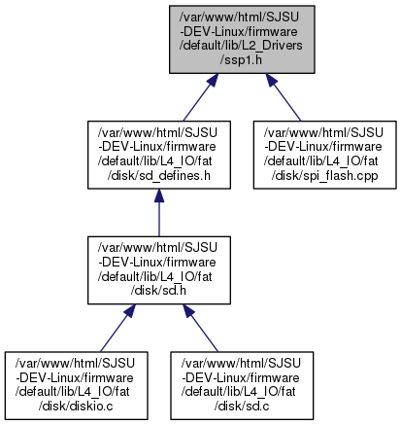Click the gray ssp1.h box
pyautogui.click(x=242, y=39)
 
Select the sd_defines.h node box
pyautogui.click(x=159, y=155)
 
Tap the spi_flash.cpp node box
pyautogui.click(x=324, y=155)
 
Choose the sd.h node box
pyautogui.click(x=159, y=270)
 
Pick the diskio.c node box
pyautogui.click(x=76, y=385)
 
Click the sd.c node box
pyautogui.click(x=242, y=385)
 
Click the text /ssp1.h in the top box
pyautogui.click(x=241, y=60)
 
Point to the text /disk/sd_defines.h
pyautogui.click(x=158, y=176)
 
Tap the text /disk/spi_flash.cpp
pyautogui.click(x=324, y=176)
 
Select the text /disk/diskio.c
pyautogui.click(x=76, y=407)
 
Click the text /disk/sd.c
pyautogui.click(x=242, y=407)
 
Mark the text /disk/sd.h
pyautogui.click(x=158, y=291)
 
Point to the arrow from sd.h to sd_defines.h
pyautogui.click(x=159, y=213)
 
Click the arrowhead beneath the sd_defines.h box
pyautogui.click(x=159, y=195)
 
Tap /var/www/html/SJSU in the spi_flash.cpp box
pyautogui.click(x=323, y=132)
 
